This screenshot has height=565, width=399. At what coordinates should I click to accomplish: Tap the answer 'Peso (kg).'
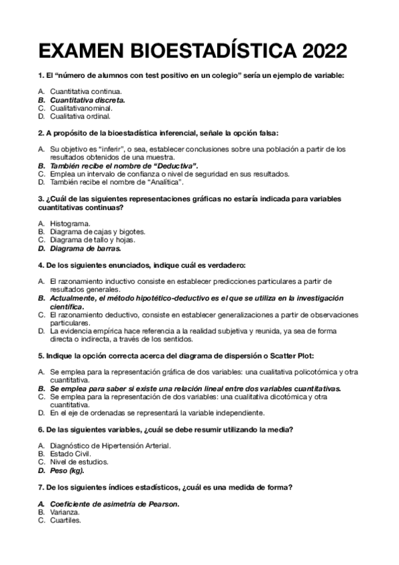pyautogui.click(x=67, y=469)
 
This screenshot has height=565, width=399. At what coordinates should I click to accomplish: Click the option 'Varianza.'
pyautogui.click(x=65, y=512)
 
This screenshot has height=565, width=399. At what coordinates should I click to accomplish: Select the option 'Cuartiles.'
pyautogui.click(x=65, y=520)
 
